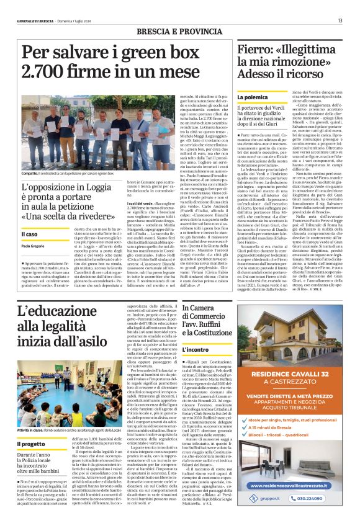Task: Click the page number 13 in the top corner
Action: [340, 20]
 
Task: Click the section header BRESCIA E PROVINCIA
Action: [180, 32]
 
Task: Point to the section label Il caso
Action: [30, 233]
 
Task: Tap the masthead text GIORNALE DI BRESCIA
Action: [35, 20]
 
